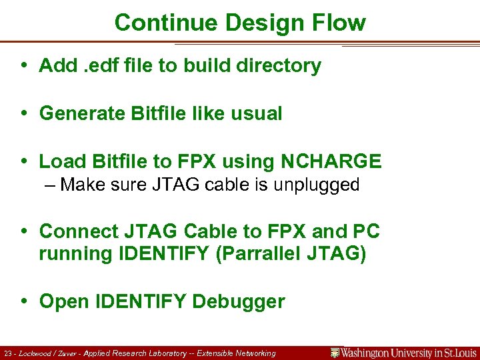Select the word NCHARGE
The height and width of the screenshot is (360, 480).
click(331, 161)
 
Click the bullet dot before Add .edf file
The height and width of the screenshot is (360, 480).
click(24, 65)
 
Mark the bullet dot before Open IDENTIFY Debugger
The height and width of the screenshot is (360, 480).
click(24, 301)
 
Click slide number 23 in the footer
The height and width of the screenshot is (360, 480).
click(8, 353)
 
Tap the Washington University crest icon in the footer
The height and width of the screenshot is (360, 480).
click(335, 353)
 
